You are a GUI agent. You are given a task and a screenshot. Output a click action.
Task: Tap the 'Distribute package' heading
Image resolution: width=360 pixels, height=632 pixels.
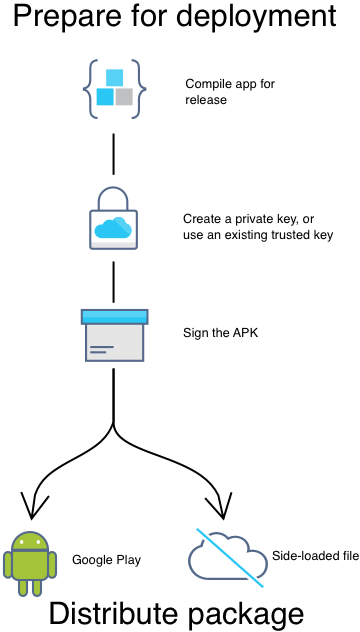(x=176, y=611)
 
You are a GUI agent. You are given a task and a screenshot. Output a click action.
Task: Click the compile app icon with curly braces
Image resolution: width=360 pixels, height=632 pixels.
(x=113, y=88)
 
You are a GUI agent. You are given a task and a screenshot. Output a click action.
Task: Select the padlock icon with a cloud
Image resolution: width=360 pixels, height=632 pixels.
(x=113, y=223)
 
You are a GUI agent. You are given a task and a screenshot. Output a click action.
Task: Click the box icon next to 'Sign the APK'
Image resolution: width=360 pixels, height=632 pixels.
(x=113, y=335)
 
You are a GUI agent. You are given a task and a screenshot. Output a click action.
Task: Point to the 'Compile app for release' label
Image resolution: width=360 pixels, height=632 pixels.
(x=229, y=91)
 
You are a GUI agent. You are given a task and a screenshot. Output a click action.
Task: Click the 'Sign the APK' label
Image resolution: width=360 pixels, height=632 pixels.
(x=215, y=332)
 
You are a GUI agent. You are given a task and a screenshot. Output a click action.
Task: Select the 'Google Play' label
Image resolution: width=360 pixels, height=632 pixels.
(x=106, y=560)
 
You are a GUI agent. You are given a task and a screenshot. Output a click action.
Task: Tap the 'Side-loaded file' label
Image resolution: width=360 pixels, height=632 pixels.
(x=315, y=554)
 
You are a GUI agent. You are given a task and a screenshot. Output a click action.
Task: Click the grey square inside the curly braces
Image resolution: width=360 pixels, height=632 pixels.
(x=124, y=97)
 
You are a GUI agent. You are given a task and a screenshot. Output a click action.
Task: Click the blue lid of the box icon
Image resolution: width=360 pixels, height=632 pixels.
(x=113, y=316)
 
